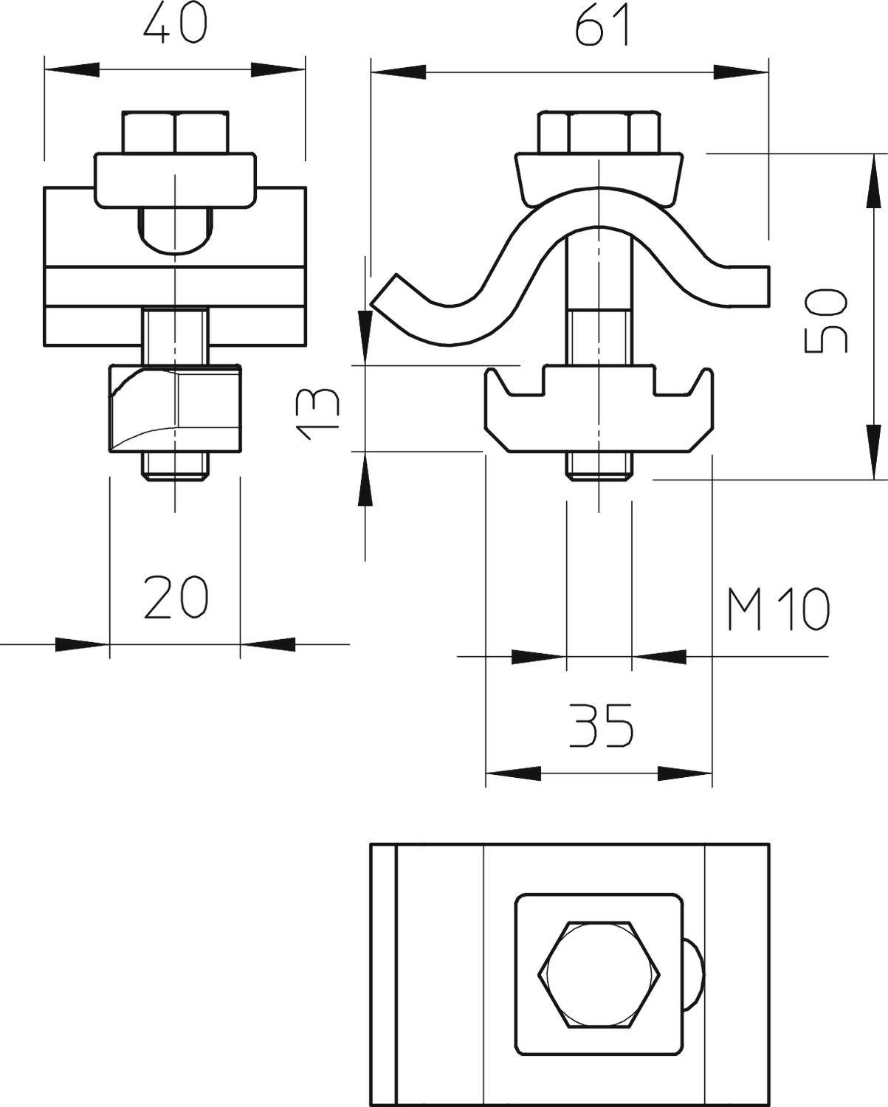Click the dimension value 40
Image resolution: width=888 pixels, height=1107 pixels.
(x=174, y=24)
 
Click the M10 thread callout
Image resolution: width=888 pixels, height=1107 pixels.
(x=777, y=610)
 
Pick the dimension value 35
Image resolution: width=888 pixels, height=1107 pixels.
(x=601, y=725)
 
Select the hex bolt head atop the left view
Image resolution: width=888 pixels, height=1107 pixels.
(x=175, y=131)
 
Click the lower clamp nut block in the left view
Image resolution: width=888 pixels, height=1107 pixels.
(x=176, y=407)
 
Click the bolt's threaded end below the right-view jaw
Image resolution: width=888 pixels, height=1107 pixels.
(x=599, y=465)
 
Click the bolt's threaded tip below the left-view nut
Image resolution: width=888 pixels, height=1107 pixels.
(x=176, y=466)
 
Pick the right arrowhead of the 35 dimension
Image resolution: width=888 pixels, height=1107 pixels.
(x=684, y=773)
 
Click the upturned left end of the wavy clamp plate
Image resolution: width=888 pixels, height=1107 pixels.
(x=388, y=292)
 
